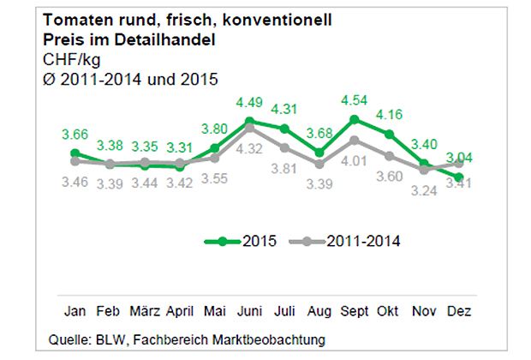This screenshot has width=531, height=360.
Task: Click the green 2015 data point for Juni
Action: point(249,121)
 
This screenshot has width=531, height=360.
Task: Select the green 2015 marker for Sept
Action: point(355,119)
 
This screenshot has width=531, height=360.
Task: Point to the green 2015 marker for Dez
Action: point(460,177)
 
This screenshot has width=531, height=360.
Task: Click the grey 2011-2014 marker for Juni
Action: point(249,128)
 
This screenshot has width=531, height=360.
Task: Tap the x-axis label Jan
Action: point(75,310)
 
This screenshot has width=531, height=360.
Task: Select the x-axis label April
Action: point(181,310)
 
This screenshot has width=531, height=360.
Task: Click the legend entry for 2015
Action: point(240,242)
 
